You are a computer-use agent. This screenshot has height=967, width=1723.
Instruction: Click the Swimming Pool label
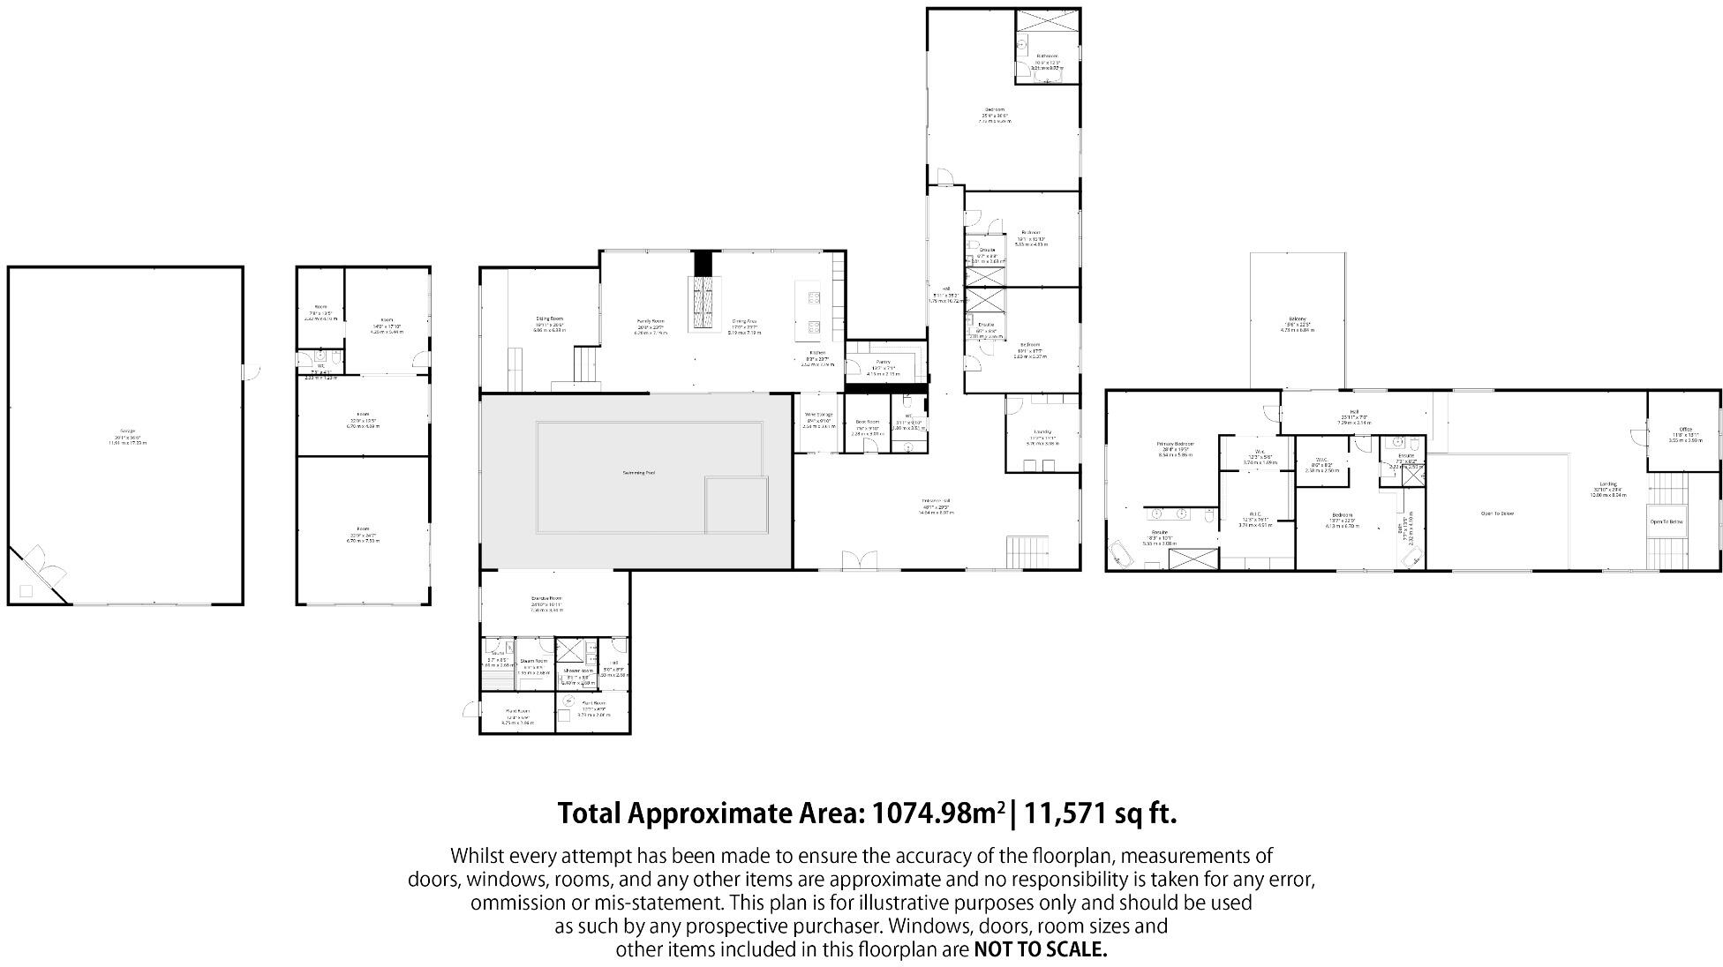[638, 473]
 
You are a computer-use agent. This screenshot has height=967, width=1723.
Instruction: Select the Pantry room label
[882, 362]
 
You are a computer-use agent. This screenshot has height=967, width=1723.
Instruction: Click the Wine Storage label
[818, 415]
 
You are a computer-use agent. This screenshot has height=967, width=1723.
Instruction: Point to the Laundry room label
[1042, 432]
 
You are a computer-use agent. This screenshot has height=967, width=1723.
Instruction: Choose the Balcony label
[1297, 319]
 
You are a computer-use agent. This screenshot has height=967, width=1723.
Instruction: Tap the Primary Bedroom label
[1175, 445]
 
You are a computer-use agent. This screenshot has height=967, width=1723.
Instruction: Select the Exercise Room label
[546, 598]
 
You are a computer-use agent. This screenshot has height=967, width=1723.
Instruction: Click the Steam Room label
[533, 661]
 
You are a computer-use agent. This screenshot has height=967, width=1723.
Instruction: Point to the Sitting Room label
[549, 319]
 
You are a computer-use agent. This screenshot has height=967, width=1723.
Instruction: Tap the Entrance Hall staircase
[1027, 551]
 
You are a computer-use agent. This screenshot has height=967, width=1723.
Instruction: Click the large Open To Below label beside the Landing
[1497, 513]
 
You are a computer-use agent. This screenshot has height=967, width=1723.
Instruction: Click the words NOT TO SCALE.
[1040, 950]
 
